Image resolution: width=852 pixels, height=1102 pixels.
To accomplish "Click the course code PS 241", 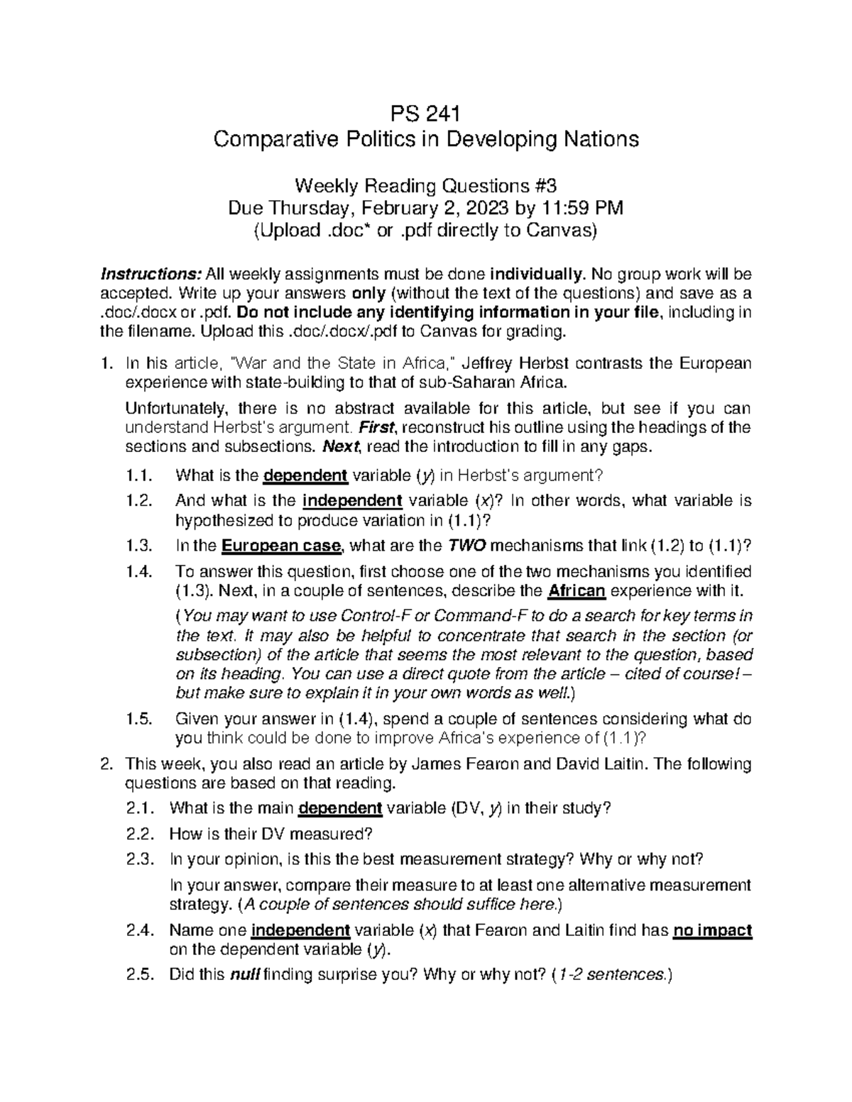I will click(x=426, y=114).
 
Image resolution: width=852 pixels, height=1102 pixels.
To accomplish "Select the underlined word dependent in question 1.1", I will click(x=305, y=475).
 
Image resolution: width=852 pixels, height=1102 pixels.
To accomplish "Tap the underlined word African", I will click(x=577, y=591).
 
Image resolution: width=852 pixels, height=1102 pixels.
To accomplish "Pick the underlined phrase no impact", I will click(x=712, y=930).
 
